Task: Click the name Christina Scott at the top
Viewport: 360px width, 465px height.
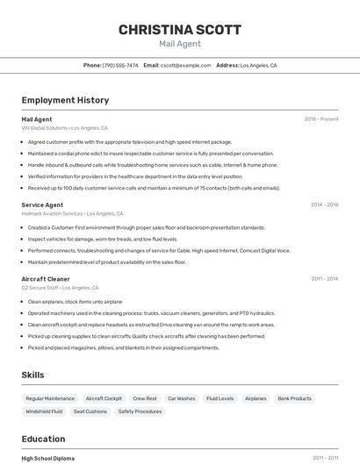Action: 180,30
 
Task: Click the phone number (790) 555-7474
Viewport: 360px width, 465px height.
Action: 120,65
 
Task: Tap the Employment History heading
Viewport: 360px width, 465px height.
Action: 65,100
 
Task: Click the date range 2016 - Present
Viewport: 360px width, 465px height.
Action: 320,119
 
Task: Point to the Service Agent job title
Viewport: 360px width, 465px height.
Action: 42,204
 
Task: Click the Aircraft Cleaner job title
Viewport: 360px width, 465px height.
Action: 46,279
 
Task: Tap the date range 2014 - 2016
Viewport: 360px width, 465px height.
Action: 324,204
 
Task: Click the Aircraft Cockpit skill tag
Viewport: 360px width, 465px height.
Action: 104,398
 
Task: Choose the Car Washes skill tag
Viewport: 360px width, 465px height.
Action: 181,398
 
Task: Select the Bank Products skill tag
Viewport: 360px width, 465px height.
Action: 294,398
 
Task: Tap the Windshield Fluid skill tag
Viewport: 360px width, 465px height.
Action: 44,411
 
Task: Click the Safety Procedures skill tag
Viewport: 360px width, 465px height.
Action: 140,411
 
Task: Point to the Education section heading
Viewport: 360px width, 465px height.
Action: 43,439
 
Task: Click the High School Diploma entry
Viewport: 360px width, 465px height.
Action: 47,458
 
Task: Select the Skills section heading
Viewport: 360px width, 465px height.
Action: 32,375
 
